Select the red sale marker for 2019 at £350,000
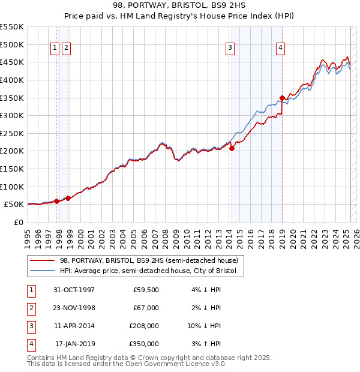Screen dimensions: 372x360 click(282, 98)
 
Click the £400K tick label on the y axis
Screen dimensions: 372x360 click(13, 80)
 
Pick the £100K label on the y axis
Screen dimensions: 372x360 click(13, 187)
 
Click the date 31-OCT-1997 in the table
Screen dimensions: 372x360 click(74, 290)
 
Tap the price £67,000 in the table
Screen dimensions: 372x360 click(146, 308)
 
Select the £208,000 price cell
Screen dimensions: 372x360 click(144, 326)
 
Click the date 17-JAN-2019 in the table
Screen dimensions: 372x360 click(75, 344)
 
